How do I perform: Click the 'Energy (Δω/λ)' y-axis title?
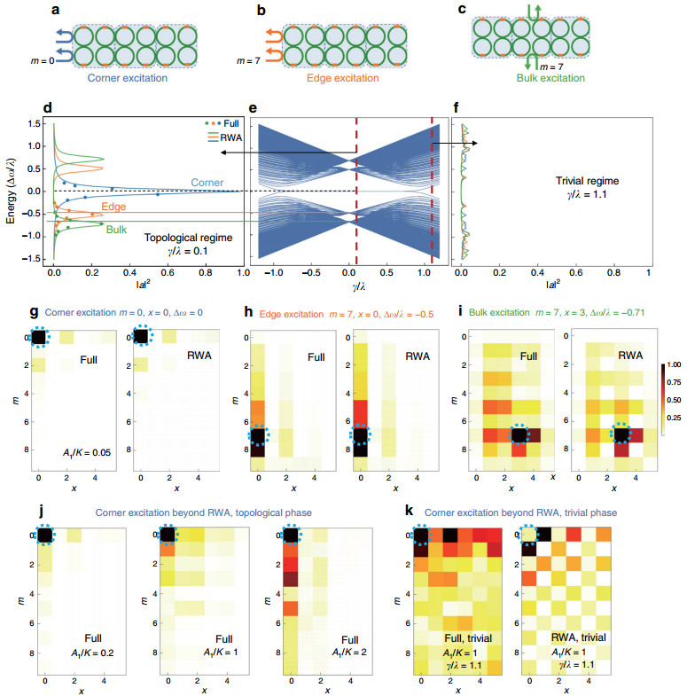[x=12, y=190]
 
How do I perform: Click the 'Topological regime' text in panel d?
[x=190, y=237]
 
